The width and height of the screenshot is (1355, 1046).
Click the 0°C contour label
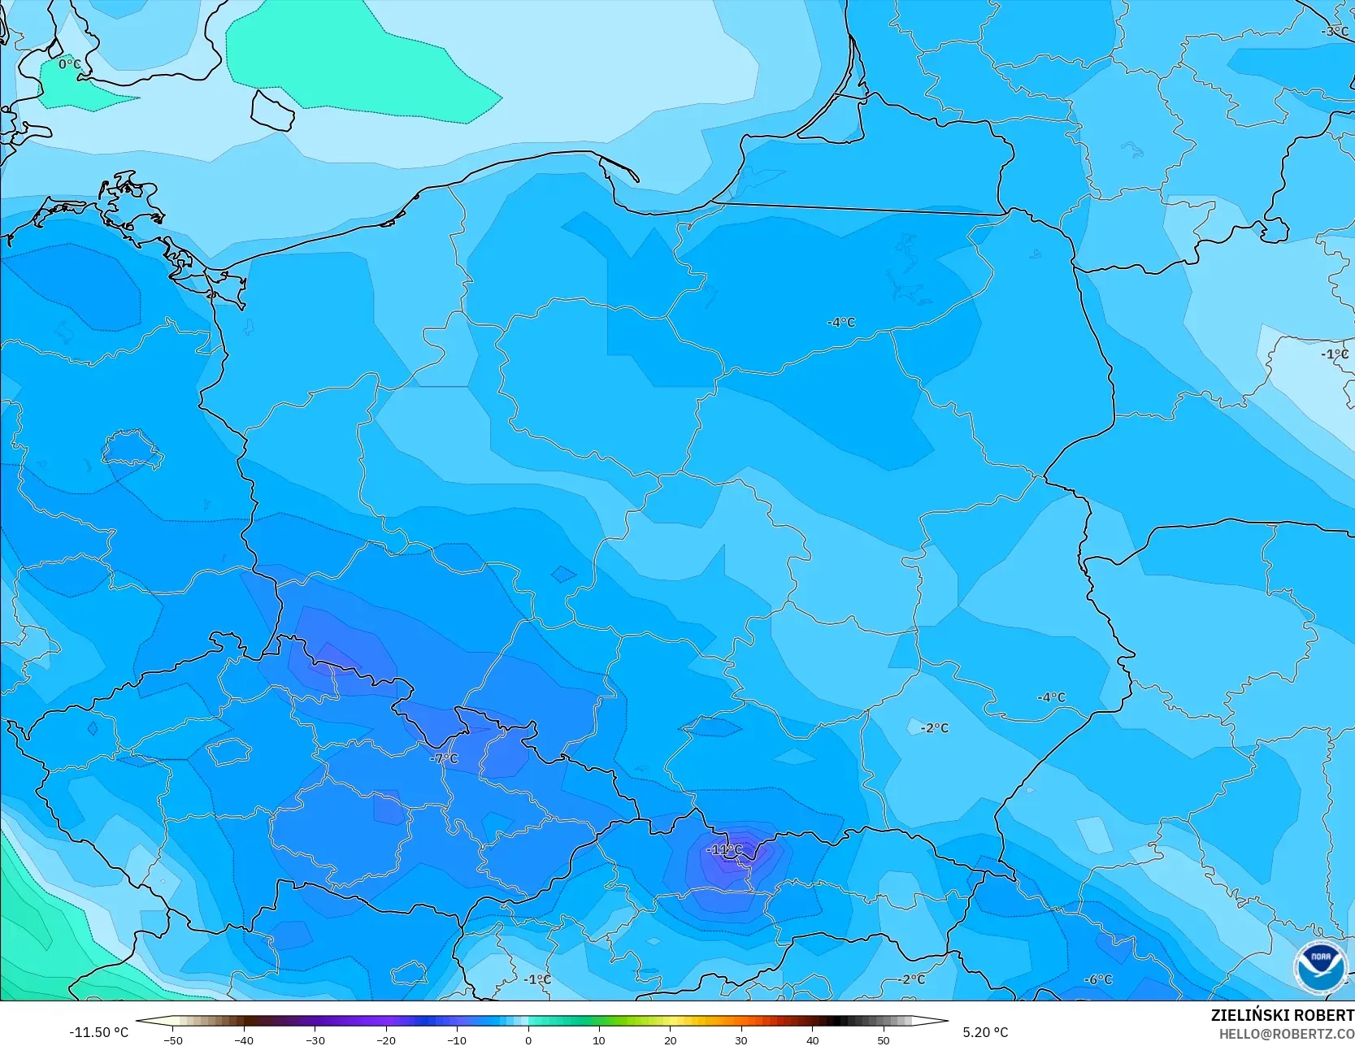pyautogui.click(x=70, y=63)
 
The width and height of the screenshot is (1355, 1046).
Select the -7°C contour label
pyautogui.click(x=444, y=758)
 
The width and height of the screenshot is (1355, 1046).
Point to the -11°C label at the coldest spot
pyautogui.click(x=725, y=849)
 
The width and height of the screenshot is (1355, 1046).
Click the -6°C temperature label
pyautogui.click(x=1098, y=979)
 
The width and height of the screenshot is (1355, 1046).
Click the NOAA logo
pyautogui.click(x=1321, y=967)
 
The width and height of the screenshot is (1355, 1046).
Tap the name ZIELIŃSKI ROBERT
pyautogui.click(x=1282, y=1015)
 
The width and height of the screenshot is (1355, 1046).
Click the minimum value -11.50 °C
pyautogui.click(x=98, y=1032)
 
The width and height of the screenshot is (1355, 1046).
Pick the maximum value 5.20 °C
pyautogui.click(x=985, y=1032)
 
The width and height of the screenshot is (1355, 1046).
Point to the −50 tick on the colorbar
pyautogui.click(x=172, y=1039)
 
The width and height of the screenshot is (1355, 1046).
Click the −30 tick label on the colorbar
pyautogui.click(x=315, y=1039)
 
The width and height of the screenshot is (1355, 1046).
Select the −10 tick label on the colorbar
pyautogui.click(x=457, y=1039)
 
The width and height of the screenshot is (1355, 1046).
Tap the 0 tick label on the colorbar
pyautogui.click(x=528, y=1039)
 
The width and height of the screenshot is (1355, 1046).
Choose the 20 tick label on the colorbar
pyautogui.click(x=670, y=1039)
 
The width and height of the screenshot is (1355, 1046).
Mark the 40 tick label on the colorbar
pyautogui.click(x=812, y=1039)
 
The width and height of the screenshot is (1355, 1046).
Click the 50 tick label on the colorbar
pyautogui.click(x=883, y=1039)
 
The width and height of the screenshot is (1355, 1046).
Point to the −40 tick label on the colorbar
pyautogui.click(x=243, y=1039)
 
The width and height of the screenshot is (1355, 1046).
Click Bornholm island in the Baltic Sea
pyautogui.click(x=272, y=110)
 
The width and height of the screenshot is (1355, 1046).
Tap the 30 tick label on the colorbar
pyautogui.click(x=741, y=1039)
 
